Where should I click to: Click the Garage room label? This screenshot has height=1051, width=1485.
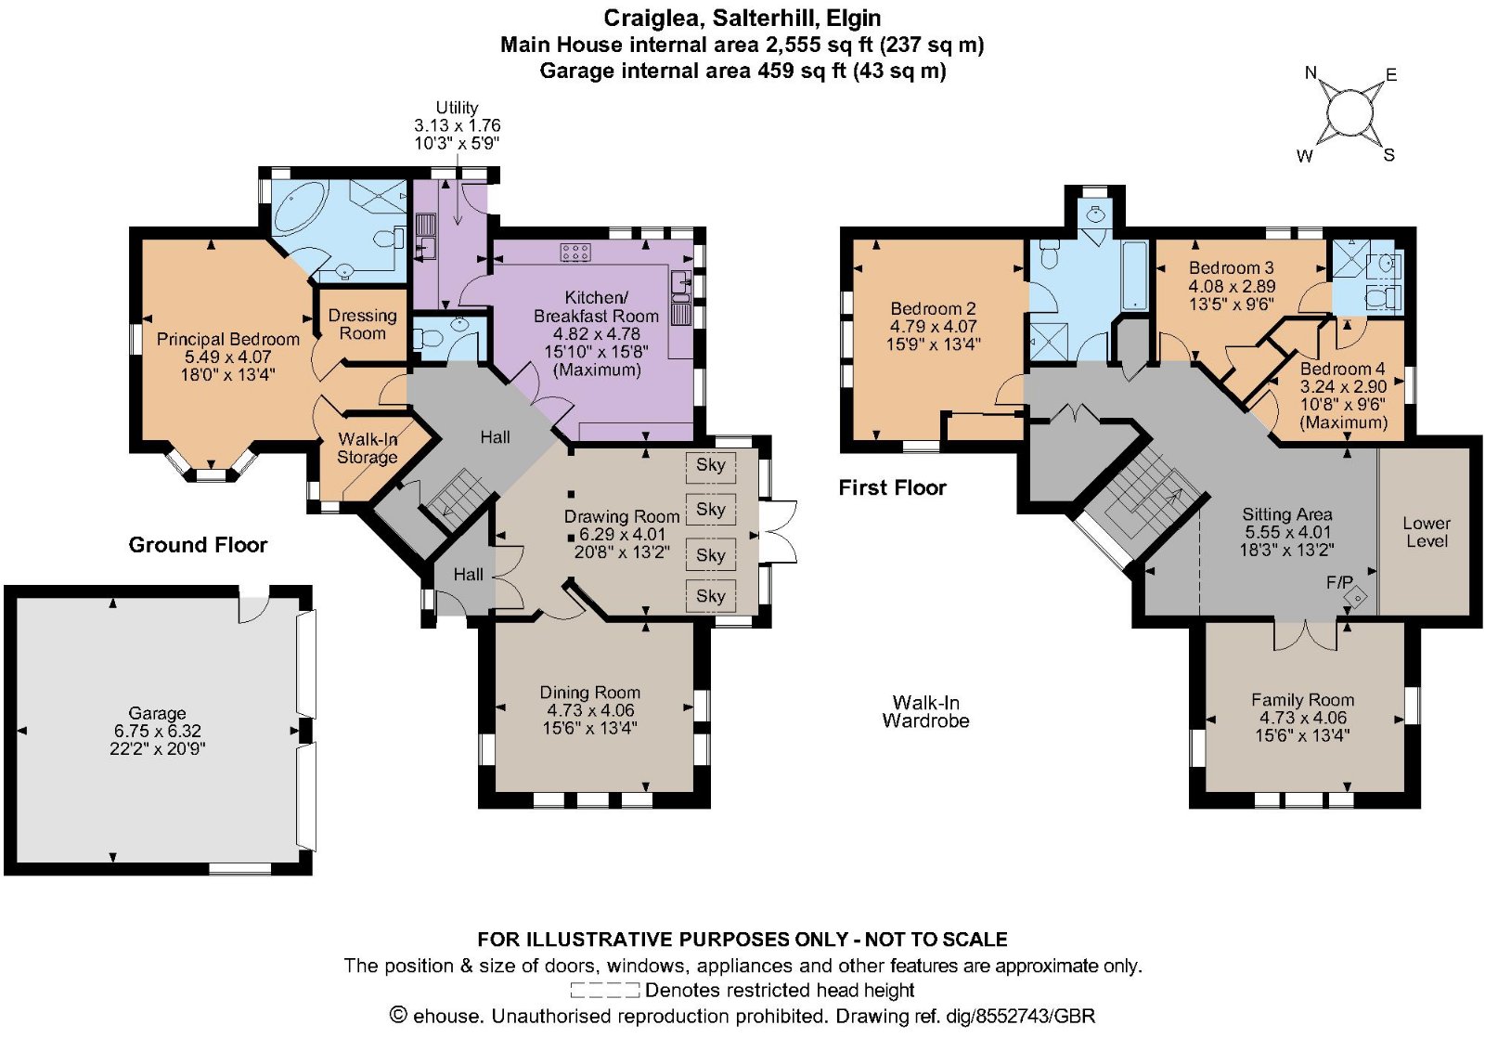coord(157,713)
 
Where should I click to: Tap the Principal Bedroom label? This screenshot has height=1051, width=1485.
coord(228,340)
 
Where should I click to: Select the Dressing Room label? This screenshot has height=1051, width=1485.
coord(363,324)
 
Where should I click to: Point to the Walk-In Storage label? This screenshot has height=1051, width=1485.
coord(368,448)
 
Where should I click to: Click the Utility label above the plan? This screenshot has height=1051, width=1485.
coord(457,108)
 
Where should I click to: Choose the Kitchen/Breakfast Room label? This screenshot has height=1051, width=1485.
coord(596,307)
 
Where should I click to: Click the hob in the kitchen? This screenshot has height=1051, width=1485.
coord(576,252)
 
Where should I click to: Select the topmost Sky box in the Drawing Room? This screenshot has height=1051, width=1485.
coord(711,465)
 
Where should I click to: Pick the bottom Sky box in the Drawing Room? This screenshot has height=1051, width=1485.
coord(711,596)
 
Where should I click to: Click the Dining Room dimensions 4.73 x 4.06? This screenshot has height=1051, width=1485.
coord(590,710)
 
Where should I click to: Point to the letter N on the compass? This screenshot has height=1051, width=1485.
coord(1311,73)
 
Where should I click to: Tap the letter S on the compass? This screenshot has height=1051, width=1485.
coord(1388,155)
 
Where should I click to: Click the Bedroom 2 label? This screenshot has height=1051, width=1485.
coord(933,309)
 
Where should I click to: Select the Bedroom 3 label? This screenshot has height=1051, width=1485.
coord(1231,268)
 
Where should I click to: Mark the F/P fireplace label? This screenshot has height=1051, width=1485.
coord(1339,583)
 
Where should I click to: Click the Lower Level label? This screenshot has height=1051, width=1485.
coord(1427,532)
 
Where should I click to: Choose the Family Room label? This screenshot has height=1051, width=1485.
coord(1303,700)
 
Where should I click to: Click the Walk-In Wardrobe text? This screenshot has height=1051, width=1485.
coord(925,711)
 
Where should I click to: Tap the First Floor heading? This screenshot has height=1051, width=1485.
coord(892,488)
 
